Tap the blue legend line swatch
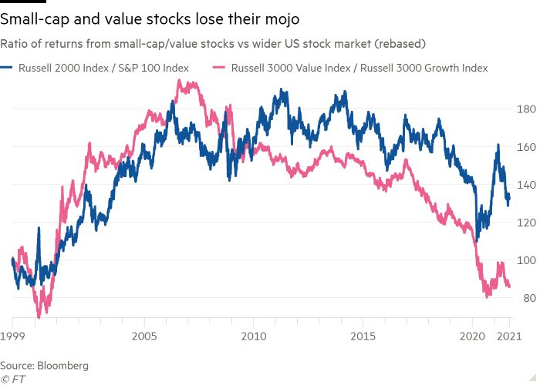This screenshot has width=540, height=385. point(9,68)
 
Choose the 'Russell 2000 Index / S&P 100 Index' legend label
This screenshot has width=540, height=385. point(105,68)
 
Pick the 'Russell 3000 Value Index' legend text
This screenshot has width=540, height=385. point(292,68)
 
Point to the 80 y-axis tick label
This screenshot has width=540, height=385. point(528,298)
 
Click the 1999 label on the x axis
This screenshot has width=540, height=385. point(13,336)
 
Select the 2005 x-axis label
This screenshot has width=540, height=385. point(144,336)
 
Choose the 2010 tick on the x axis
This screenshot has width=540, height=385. point(254,336)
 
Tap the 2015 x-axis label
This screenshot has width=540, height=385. point(363,336)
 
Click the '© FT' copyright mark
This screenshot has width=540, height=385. point(12,379)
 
